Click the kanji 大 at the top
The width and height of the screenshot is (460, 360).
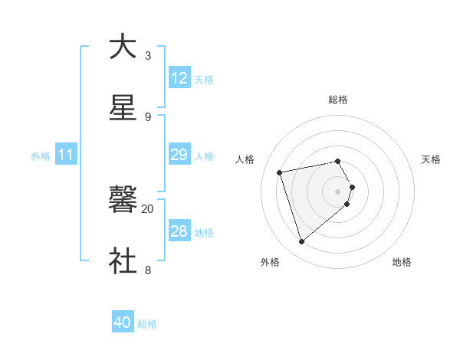coord(123,47)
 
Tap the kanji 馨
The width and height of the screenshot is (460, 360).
coord(123,199)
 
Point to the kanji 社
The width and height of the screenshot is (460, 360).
coord(123,260)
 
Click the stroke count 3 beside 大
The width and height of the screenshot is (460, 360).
coord(147,56)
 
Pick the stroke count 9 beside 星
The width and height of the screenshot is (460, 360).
coord(147,116)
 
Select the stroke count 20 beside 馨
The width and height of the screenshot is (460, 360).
coord(147,208)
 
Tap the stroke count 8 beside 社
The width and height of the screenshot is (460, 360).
coord(147,270)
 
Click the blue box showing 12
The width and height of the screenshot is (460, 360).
coord(179,78)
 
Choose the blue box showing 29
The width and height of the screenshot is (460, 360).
coord(179,155)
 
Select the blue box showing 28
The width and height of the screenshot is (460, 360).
coord(179,232)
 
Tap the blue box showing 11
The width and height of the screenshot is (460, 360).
coord(66,155)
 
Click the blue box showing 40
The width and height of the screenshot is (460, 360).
coord(123,323)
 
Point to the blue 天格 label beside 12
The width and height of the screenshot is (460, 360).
coord(204,80)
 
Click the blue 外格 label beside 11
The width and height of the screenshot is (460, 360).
coord(41,156)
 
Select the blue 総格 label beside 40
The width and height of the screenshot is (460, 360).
coord(147,324)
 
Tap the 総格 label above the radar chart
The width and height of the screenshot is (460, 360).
coord(338,100)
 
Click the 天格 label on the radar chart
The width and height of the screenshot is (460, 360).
coord(431,159)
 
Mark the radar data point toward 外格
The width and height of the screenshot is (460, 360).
coord(301,241)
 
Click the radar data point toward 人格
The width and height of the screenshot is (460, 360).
coord(280,172)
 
